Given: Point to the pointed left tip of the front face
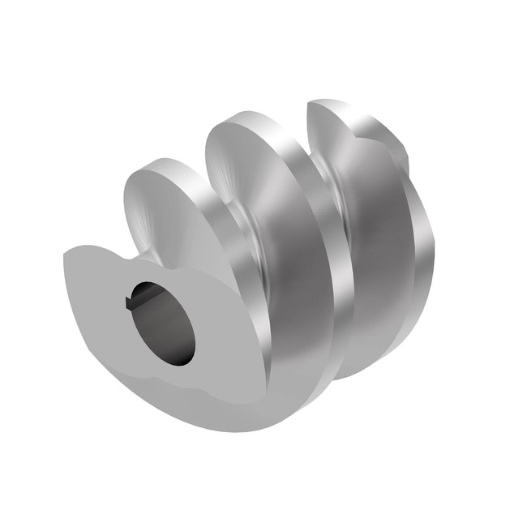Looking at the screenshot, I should [x=66, y=258].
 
